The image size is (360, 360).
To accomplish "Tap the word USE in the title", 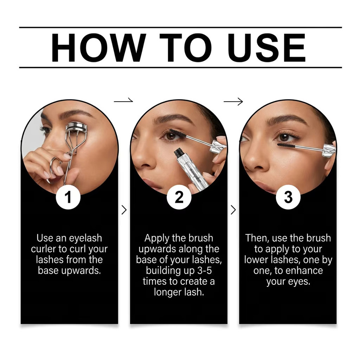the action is click(266, 48).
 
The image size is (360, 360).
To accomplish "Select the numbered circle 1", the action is click(68, 197).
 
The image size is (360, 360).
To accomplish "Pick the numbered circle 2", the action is click(179, 197).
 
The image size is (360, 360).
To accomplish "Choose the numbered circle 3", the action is click(288, 197).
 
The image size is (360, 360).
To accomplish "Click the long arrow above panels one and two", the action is click(124, 100).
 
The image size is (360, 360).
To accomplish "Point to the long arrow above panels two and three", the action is click(233, 101).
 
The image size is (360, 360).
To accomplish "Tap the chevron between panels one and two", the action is click(124, 210).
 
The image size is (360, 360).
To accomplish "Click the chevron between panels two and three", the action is click(233, 210).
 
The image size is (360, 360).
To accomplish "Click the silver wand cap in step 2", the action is click(217, 146).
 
